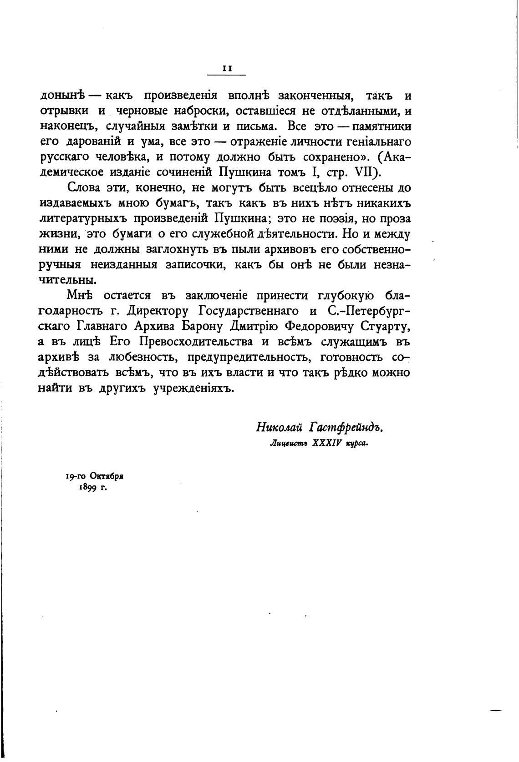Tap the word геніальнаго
[x=378, y=141]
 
